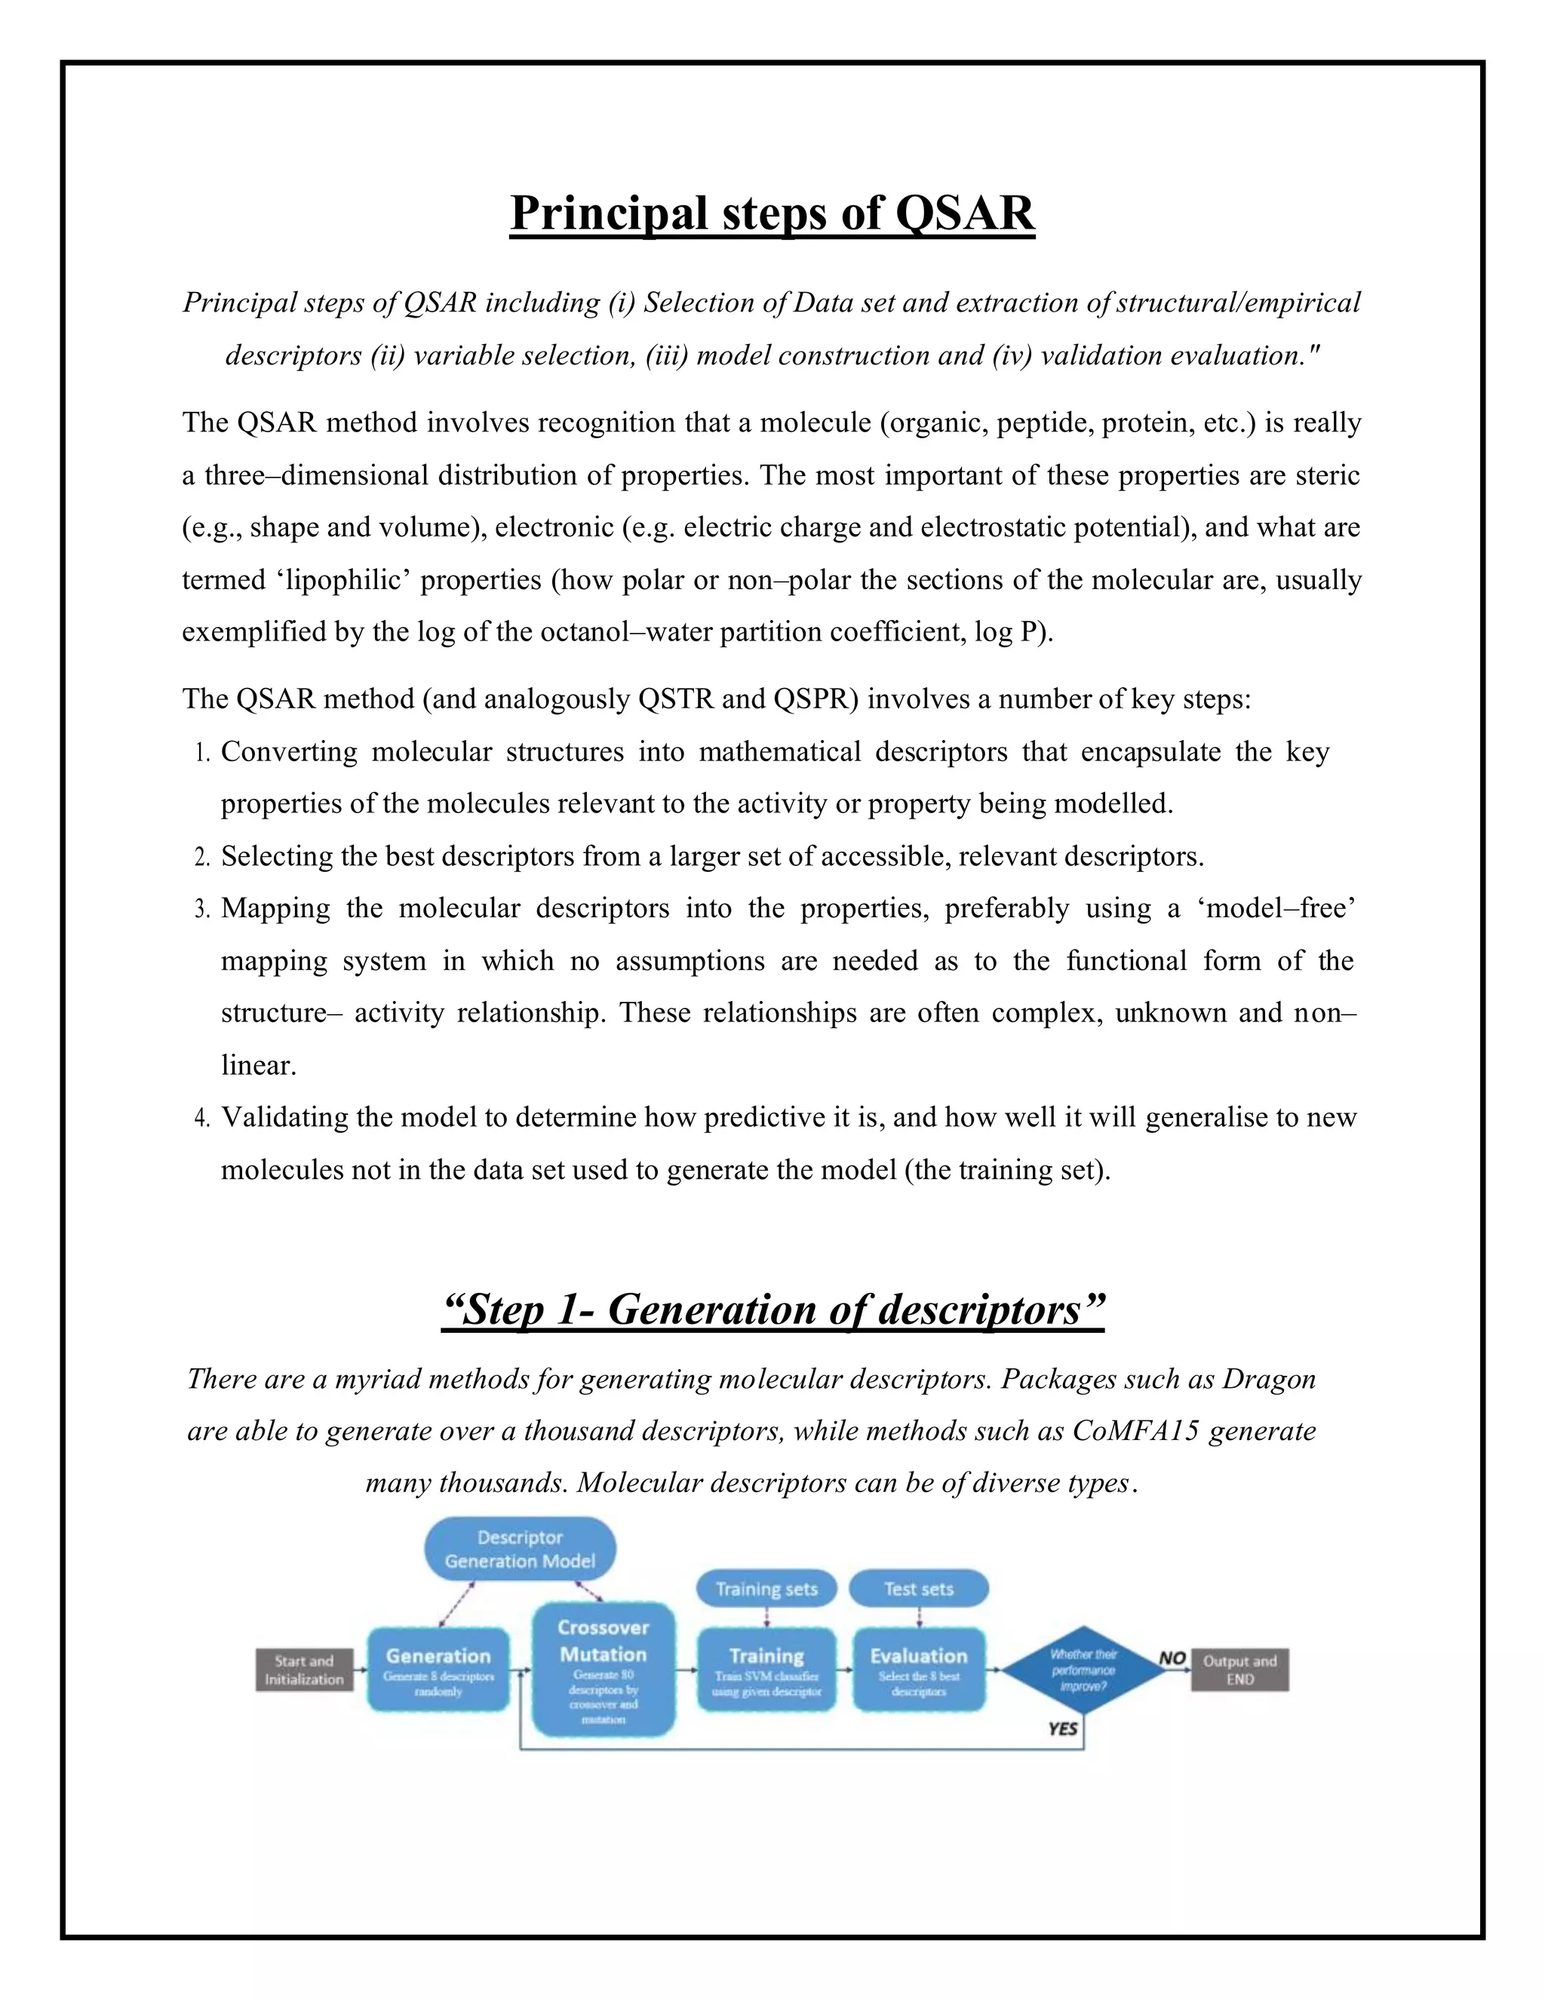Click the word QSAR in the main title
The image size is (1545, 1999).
(x=964, y=213)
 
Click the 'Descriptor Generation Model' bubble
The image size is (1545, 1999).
(x=520, y=1549)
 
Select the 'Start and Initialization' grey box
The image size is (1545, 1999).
(x=304, y=1669)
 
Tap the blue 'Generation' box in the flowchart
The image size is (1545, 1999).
(x=438, y=1669)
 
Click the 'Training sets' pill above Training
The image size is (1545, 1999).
(x=766, y=1589)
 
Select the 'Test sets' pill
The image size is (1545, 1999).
(x=918, y=1589)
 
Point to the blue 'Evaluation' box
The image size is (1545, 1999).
(x=918, y=1669)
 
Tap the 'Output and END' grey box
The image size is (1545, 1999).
(x=1239, y=1669)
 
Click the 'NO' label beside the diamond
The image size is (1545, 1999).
(x=1172, y=1657)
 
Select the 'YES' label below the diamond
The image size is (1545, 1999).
(x=1063, y=1729)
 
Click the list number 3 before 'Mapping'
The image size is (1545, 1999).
(x=202, y=910)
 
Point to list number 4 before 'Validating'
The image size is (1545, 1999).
(x=202, y=1119)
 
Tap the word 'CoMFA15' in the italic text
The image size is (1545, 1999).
(x=1135, y=1430)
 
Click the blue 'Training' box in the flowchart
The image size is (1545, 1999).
(x=766, y=1669)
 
